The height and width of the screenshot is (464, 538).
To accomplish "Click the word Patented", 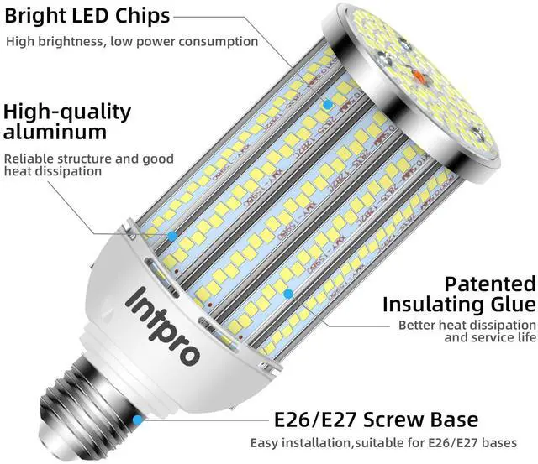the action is coord(489,284).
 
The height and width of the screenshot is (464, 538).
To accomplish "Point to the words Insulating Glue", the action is coord(458,304).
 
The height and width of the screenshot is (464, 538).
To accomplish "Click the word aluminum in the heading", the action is coord(55,132).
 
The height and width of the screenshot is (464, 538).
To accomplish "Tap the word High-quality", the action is coord(67,112).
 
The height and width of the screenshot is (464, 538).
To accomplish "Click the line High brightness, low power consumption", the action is coord(132,41).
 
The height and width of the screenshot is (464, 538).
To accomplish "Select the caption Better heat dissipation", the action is coord(467,325).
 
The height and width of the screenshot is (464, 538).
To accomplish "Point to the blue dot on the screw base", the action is coord(135,418).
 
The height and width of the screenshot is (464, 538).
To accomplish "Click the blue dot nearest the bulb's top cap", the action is coord(328,104).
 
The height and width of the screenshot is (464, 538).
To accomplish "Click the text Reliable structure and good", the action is coord(88,159).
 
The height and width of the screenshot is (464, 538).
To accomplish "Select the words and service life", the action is coord(489,337).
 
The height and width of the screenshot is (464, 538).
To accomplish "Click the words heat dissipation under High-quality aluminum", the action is coord(53,171).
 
